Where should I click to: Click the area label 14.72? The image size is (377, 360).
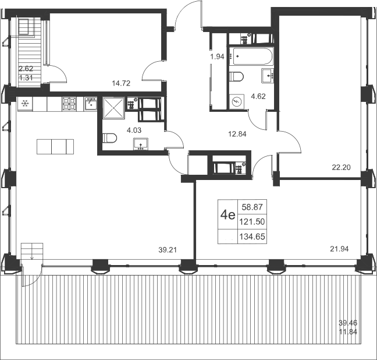coord(121,83)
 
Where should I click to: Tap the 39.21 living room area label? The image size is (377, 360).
coord(168,250)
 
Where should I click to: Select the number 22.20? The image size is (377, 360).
coord(341,167)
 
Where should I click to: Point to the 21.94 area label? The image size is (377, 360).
coord(339,249)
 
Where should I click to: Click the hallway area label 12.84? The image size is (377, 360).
coord(237,134)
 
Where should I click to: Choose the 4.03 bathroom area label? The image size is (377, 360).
coord(134,130)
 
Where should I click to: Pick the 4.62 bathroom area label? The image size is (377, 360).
coord(258,96)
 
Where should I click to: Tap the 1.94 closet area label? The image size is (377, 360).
coord(217,57)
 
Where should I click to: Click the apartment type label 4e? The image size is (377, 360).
coord(227,214)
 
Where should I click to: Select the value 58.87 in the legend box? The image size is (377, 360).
coord(252,207)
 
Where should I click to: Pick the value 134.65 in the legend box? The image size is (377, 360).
coord(252,237)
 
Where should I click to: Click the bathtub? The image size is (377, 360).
coord(251,56)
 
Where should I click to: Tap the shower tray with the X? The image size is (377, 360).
coord(113,108)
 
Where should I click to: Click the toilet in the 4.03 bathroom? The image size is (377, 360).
coord(109,139)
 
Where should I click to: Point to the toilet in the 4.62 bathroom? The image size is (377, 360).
coord(236,76)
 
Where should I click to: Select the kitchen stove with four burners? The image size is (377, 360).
coord(69,104)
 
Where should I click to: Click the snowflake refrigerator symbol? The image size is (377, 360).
coord(25,104)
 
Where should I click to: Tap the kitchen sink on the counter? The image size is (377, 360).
coord(91,104)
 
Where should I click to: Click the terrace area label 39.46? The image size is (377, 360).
coord(348,323)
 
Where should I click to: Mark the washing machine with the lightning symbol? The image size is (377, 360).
coord(237,101)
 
